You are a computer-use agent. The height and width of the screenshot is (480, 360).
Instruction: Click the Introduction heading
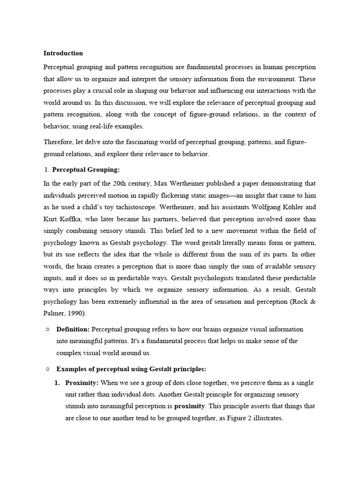[63, 53]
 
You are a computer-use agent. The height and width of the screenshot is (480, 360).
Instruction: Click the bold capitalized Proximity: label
[82, 383]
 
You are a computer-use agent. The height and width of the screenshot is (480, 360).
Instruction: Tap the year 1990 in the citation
[77, 314]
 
